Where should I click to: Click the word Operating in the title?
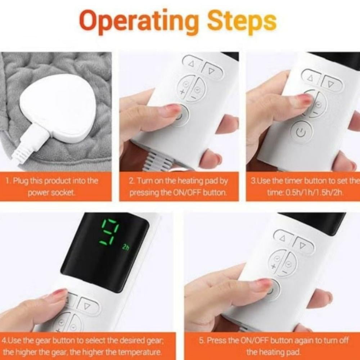139,22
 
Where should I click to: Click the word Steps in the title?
242,22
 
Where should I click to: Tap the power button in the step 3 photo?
302,131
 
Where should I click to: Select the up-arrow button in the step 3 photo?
312,78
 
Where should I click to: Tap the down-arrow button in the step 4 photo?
87,306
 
